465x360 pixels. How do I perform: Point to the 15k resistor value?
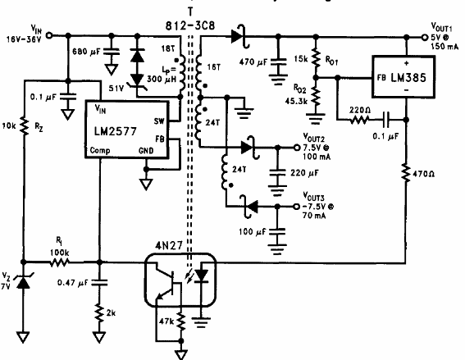coord(300,59)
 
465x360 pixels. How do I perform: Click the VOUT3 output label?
coord(318,198)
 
